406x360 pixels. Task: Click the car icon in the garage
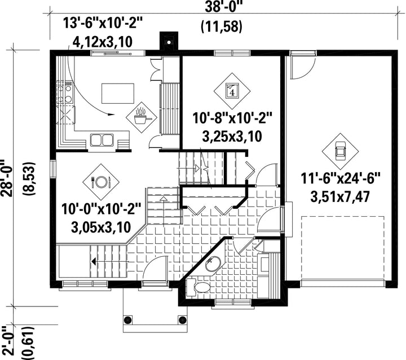[x=340, y=151]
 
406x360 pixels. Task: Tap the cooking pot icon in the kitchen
[x=142, y=117]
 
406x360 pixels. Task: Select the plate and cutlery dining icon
[x=101, y=182]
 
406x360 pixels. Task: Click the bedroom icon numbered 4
[x=232, y=91]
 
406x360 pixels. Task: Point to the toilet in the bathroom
[x=198, y=287]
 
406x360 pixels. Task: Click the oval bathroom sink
[x=213, y=264]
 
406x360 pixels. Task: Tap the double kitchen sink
[x=102, y=140]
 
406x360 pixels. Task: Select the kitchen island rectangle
[x=118, y=93]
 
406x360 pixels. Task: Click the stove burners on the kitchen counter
[x=65, y=93]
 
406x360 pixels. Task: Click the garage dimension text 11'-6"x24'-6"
[x=340, y=178]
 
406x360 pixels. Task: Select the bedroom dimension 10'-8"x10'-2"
[x=232, y=118]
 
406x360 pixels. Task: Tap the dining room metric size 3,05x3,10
[x=101, y=227]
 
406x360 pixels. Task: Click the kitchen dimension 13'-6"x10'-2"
[x=103, y=23]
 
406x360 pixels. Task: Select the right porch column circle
[x=182, y=319]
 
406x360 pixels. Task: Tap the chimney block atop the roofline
[x=169, y=41]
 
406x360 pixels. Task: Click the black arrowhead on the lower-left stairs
[x=93, y=262]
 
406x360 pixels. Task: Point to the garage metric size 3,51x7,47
[x=340, y=197]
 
